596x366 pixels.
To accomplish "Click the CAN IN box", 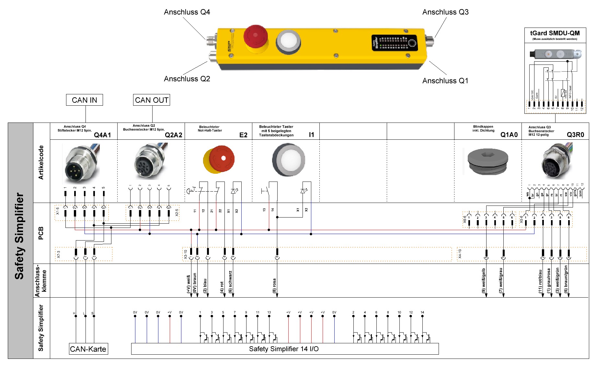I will pyautogui.click(x=84, y=100).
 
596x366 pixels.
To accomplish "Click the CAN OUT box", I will pyautogui.click(x=152, y=100).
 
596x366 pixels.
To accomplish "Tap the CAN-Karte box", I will pyautogui.click(x=88, y=349).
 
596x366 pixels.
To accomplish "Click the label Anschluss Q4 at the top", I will pyautogui.click(x=187, y=12).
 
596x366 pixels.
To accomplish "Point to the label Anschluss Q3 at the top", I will pyautogui.click(x=445, y=12).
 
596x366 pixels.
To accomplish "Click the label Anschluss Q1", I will pyautogui.click(x=445, y=81).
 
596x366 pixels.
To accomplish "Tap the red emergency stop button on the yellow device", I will pyautogui.click(x=255, y=35).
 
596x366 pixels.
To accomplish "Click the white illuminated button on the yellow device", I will pyautogui.click(x=288, y=41).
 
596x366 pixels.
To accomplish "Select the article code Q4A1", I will pyautogui.click(x=102, y=135).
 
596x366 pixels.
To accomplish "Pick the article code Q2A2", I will pyautogui.click(x=173, y=135).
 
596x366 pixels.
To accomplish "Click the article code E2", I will pyautogui.click(x=243, y=135).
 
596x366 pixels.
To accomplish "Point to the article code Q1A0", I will pyautogui.click(x=509, y=135).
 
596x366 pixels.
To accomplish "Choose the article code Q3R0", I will pyautogui.click(x=575, y=135).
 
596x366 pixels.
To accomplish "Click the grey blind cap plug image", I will pyautogui.click(x=488, y=161).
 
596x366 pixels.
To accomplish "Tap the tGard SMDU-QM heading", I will pyautogui.click(x=555, y=33).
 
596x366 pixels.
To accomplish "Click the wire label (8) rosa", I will pyautogui.click(x=274, y=286).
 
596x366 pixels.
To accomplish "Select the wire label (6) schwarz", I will pyautogui.click(x=230, y=282).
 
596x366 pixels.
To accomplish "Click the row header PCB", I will pyautogui.click(x=41, y=233).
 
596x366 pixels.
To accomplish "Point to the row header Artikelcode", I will pyautogui.click(x=41, y=162).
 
